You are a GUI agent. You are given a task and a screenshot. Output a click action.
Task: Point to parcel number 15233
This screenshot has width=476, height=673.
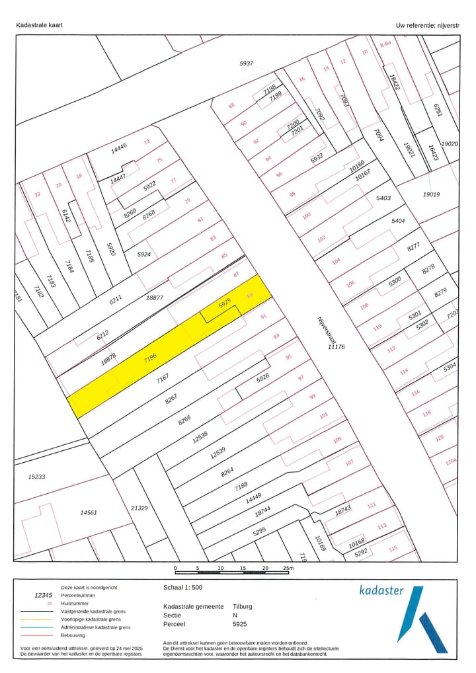pyautogui.click(x=36, y=476)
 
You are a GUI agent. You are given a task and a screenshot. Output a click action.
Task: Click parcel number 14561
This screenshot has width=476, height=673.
pyautogui.click(x=89, y=512)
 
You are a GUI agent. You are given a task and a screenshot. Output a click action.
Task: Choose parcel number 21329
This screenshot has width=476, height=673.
pyautogui.click(x=139, y=508)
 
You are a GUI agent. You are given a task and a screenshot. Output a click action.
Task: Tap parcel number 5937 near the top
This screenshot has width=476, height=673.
pyautogui.click(x=247, y=63)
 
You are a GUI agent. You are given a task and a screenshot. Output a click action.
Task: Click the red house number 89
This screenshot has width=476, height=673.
pyautogui.click(x=250, y=295)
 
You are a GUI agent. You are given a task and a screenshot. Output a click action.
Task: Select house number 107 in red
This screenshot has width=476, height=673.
pyautogui.click(x=349, y=462)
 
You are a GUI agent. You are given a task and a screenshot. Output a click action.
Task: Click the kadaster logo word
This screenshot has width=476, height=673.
pyautogui.click(x=381, y=590)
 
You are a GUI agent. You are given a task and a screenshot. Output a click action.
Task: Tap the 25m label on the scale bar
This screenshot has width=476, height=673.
pyautogui.click(x=288, y=568)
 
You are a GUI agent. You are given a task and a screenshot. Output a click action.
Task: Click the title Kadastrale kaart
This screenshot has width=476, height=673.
pyautogui.click(x=40, y=26)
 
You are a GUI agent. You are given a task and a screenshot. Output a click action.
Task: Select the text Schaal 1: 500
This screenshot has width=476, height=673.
pyautogui.click(x=183, y=587)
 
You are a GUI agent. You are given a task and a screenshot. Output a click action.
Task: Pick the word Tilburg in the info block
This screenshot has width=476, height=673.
pyautogui.click(x=243, y=606)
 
